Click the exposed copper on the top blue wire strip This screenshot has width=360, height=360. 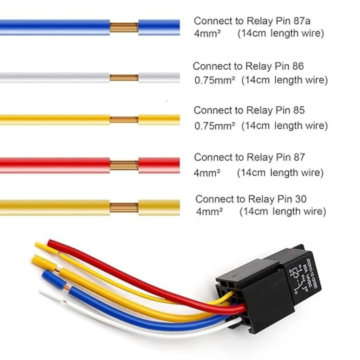tap(124, 28)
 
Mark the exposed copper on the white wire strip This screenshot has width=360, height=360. tap(124, 78)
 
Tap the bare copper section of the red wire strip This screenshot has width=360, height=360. tap(124, 166)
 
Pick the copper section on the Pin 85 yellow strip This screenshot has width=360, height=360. tap(124, 120)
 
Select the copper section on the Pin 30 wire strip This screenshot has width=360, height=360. tap(124, 208)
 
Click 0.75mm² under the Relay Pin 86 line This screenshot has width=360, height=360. tap(215, 80)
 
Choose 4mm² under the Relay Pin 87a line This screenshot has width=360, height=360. tap(207, 34)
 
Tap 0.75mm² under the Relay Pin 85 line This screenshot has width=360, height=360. tap(215, 126)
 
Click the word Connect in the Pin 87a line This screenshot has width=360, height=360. tap(213, 21)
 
